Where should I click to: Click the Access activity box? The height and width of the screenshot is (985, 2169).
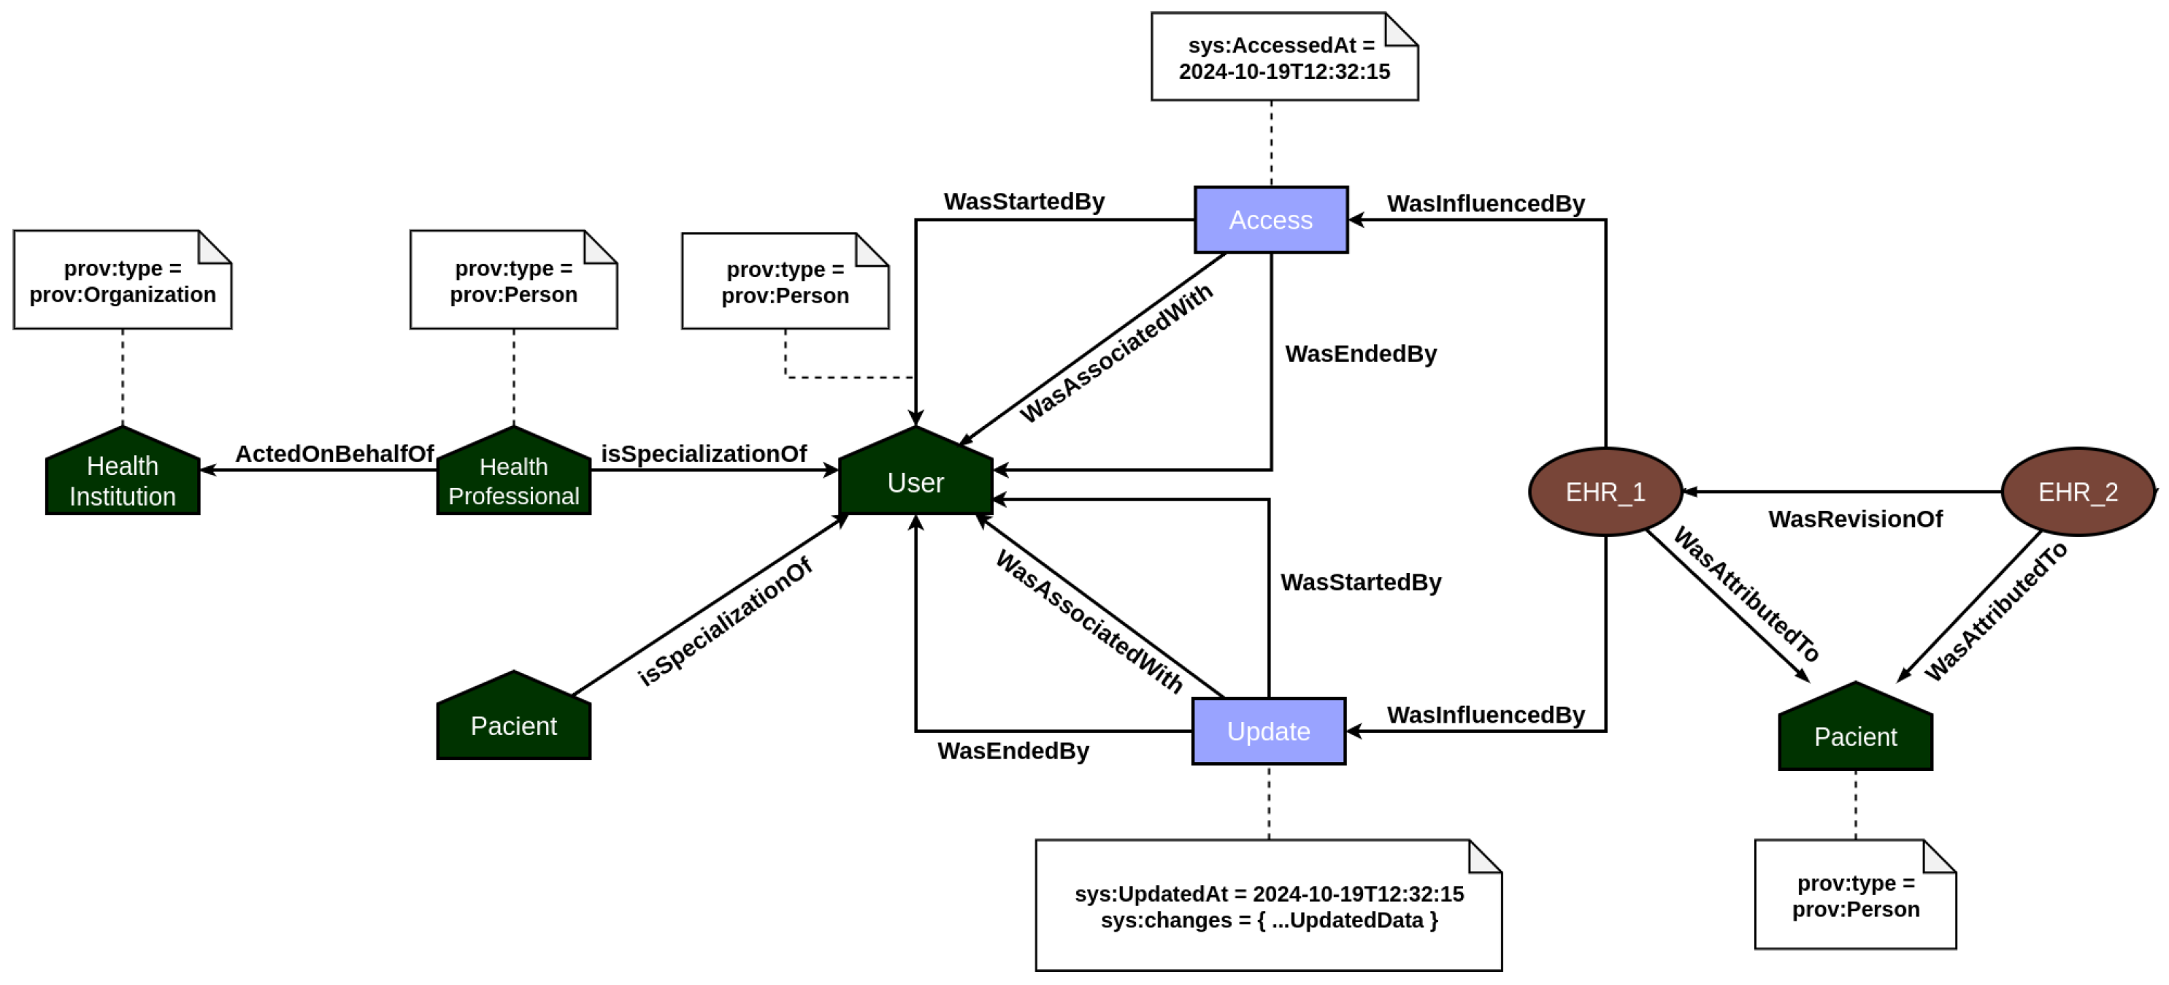point(1270,220)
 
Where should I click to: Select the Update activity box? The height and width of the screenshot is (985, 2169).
point(1268,731)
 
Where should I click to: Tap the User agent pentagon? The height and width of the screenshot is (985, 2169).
point(915,480)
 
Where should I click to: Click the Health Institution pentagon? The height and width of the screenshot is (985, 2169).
point(123,479)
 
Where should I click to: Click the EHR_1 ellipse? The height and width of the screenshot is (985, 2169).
point(1605,492)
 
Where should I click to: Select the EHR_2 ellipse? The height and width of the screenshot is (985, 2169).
point(2077,492)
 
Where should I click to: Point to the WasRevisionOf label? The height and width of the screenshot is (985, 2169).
point(1855,519)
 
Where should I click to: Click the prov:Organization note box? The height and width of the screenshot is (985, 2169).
point(123,281)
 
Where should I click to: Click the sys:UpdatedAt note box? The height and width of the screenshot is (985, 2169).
point(1268,906)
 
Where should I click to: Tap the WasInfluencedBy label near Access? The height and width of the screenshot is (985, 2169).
point(1485,204)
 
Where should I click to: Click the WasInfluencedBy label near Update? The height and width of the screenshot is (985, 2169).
point(1485,715)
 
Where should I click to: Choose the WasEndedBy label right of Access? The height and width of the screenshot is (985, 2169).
point(1361,354)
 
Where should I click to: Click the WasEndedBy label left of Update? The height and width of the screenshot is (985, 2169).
point(1013,750)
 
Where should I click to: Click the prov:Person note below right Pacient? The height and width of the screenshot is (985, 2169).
point(1855,896)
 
